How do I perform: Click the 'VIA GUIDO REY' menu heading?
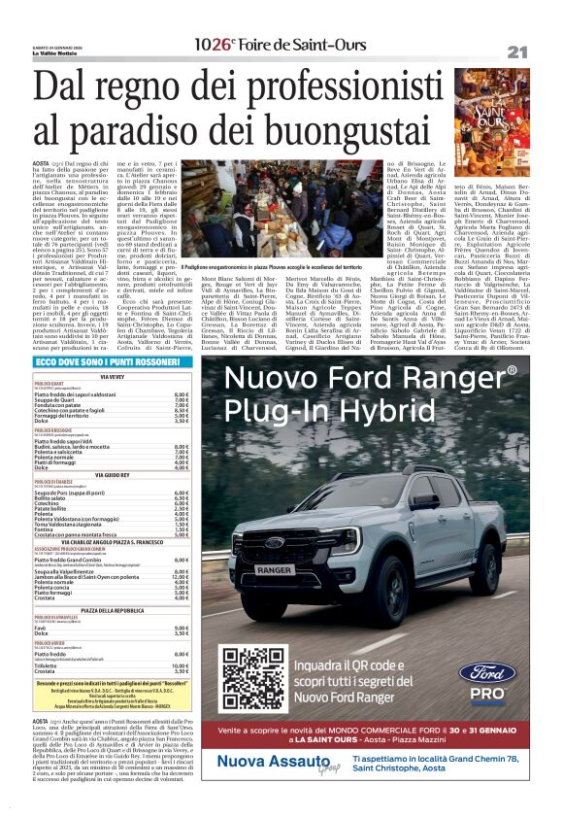[113, 475]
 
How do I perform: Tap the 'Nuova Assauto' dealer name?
[263, 789]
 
